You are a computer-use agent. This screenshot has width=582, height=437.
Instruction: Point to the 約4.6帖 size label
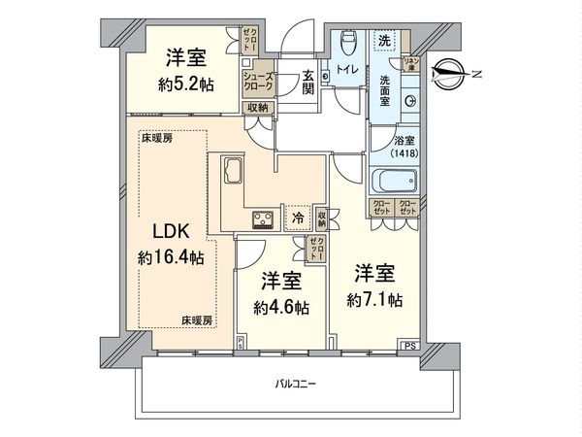[x=282, y=307]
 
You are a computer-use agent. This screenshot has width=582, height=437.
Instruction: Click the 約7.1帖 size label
[x=376, y=299]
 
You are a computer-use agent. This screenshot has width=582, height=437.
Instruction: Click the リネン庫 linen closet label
[x=410, y=65]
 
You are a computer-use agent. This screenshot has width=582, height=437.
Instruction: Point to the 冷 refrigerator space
[x=298, y=219]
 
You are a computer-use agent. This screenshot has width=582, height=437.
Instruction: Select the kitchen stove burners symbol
[x=264, y=218]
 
